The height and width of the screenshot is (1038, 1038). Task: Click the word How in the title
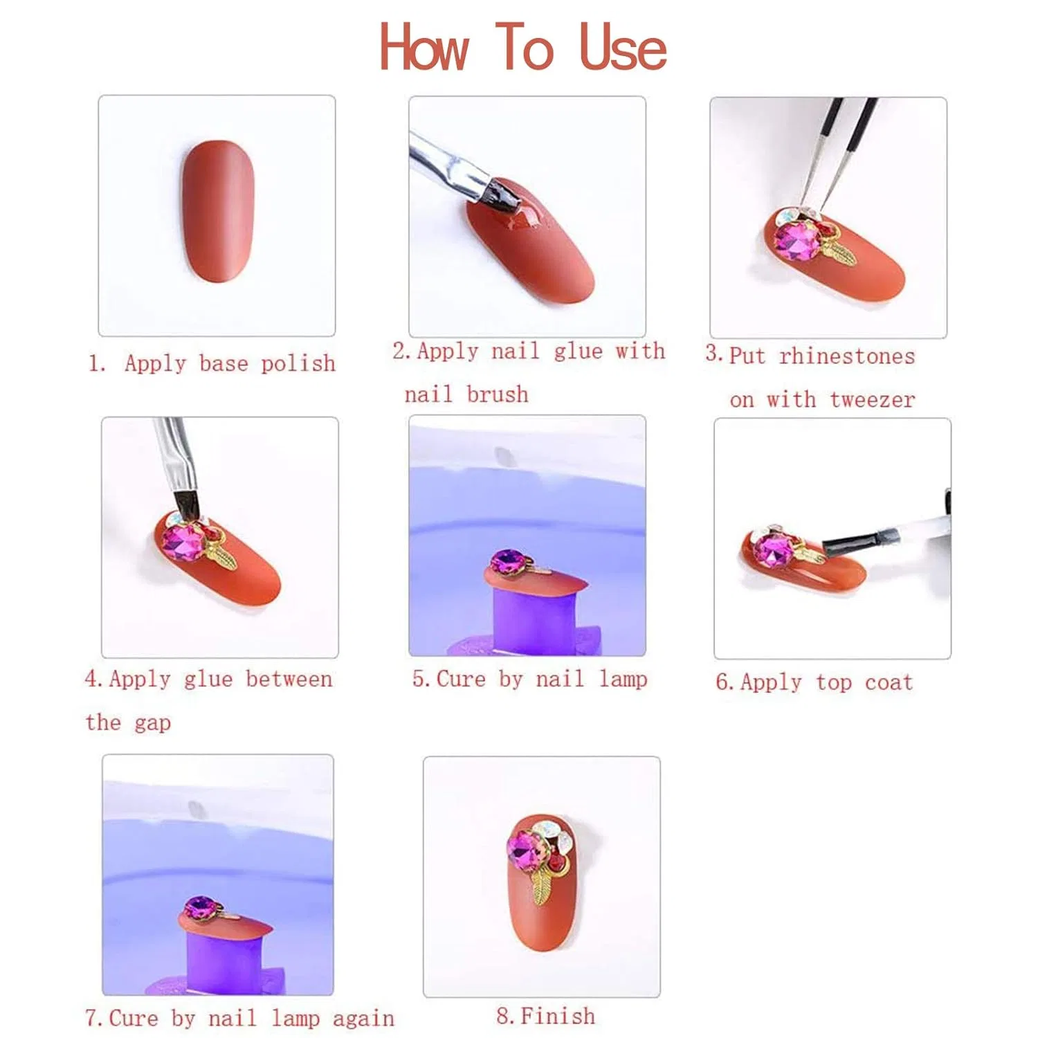424,47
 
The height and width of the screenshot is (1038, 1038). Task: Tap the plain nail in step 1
217,211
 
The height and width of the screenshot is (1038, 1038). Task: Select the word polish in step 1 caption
298,364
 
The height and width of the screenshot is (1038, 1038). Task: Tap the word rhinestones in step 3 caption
846,356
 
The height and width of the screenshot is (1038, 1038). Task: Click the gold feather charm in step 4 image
221,552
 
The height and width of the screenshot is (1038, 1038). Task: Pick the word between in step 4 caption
289,680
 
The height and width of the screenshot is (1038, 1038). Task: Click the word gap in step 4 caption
152,724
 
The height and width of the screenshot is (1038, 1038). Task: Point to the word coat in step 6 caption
889,683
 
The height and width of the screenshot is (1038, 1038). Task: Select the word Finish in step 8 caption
557,1016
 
